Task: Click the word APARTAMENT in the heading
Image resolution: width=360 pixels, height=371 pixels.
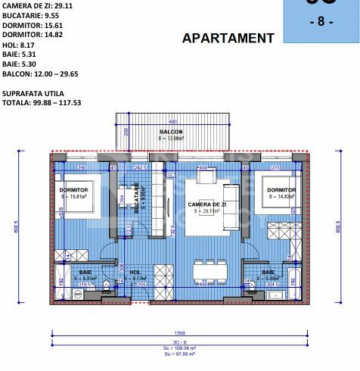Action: [x=228, y=38]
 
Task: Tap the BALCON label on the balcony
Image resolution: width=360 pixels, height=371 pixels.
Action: [x=171, y=131]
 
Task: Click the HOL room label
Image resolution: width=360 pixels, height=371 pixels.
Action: [x=135, y=272]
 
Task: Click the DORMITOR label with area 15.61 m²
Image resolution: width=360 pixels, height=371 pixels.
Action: [x=74, y=190]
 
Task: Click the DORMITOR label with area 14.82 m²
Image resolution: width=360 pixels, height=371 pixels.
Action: [x=281, y=190]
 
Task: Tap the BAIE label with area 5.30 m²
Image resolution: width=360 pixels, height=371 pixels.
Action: [x=268, y=272]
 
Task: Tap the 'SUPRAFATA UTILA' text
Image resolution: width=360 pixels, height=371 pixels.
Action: [x=33, y=93]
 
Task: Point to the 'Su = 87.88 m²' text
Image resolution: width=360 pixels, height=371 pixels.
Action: [x=180, y=354]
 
